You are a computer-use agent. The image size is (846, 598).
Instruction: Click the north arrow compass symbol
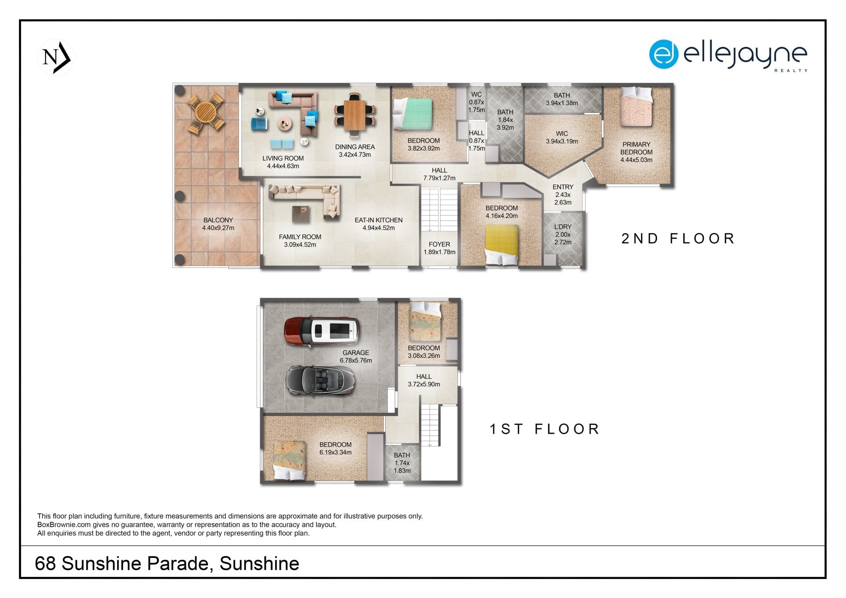(56, 57)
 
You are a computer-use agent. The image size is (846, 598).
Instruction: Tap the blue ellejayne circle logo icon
(663, 54)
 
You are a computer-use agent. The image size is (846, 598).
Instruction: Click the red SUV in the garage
(321, 331)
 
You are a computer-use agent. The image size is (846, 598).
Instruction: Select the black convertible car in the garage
(320, 380)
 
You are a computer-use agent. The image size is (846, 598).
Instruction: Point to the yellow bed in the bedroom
(501, 245)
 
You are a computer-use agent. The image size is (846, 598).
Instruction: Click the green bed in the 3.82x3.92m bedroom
(412, 114)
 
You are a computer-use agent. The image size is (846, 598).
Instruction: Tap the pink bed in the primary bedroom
(636, 107)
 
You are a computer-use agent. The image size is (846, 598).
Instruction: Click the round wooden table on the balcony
(205, 114)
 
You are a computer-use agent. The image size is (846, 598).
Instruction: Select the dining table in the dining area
(354, 115)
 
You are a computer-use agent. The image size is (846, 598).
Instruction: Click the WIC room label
(562, 134)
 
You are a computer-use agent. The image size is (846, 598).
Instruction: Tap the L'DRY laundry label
(563, 227)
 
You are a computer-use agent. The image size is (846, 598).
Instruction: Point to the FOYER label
(439, 244)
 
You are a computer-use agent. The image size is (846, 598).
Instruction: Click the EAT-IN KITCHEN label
(378, 220)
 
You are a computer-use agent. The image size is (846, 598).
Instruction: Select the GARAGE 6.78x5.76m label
(356, 357)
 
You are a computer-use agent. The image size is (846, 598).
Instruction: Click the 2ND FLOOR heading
(678, 238)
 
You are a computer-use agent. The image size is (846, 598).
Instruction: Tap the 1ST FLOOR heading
(545, 429)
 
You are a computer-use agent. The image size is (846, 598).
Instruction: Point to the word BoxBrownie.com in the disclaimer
(64, 525)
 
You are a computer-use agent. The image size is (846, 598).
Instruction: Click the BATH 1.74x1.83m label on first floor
(402, 463)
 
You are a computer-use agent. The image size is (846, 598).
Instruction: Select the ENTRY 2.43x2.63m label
(563, 195)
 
